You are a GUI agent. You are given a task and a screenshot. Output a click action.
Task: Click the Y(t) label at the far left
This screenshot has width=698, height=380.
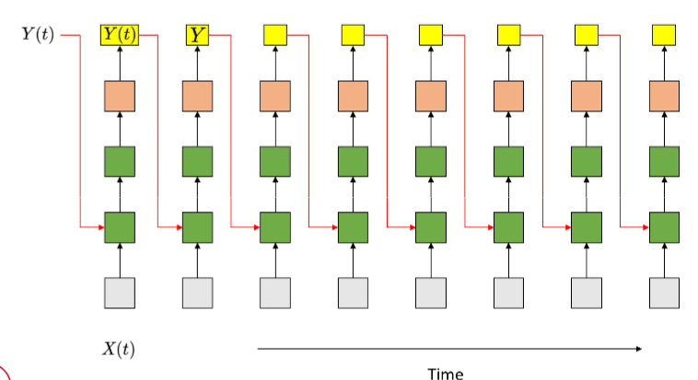[38, 36]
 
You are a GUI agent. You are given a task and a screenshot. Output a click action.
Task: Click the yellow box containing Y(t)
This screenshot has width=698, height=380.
[120, 36]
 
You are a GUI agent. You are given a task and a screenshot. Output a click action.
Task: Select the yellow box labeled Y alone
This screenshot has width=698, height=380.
[198, 36]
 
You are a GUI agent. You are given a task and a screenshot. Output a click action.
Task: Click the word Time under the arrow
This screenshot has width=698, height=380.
[446, 373]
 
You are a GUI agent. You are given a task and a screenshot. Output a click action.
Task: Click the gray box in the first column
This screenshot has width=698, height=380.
[120, 293]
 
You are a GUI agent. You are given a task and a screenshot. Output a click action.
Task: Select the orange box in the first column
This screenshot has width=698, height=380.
[120, 97]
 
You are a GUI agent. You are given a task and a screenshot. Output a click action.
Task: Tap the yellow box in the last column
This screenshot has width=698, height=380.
[664, 36]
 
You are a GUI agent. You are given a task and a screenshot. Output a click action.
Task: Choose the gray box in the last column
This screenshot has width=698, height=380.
[664, 293]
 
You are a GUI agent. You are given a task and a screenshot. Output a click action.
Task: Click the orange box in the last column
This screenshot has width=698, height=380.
[664, 97]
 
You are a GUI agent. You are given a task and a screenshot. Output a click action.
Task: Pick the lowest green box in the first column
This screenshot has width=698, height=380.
[120, 226]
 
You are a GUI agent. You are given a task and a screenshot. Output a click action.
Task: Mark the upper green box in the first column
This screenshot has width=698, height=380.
[120, 161]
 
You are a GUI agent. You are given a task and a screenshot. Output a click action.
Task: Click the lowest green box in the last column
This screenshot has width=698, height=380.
[664, 226]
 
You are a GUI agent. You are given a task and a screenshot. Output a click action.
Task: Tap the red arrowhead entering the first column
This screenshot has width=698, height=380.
[100, 226]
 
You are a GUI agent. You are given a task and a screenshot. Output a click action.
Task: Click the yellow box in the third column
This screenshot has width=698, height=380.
[275, 36]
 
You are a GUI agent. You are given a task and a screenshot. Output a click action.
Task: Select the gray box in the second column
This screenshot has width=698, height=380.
[197, 293]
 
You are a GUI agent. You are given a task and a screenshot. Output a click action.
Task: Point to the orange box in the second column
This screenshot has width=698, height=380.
[197, 97]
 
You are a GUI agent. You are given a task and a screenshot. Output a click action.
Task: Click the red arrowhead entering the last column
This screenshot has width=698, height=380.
[645, 226]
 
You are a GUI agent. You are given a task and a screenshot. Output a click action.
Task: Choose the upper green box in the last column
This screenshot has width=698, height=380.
[664, 161]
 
